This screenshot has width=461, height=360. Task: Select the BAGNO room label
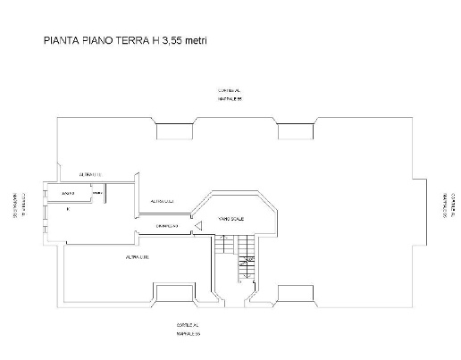(68, 193)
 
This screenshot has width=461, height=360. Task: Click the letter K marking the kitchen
(68, 209)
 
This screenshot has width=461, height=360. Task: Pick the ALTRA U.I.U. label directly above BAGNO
(90, 173)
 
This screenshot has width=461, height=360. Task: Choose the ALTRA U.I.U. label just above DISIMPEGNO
(162, 202)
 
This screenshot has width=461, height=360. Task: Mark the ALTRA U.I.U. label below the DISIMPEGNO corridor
(137, 257)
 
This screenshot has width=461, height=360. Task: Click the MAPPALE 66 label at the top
(230, 99)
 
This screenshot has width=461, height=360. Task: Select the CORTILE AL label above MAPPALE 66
(230, 90)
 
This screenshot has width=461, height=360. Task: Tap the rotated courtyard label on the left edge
(19, 205)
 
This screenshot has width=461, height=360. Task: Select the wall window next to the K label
(45, 210)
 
